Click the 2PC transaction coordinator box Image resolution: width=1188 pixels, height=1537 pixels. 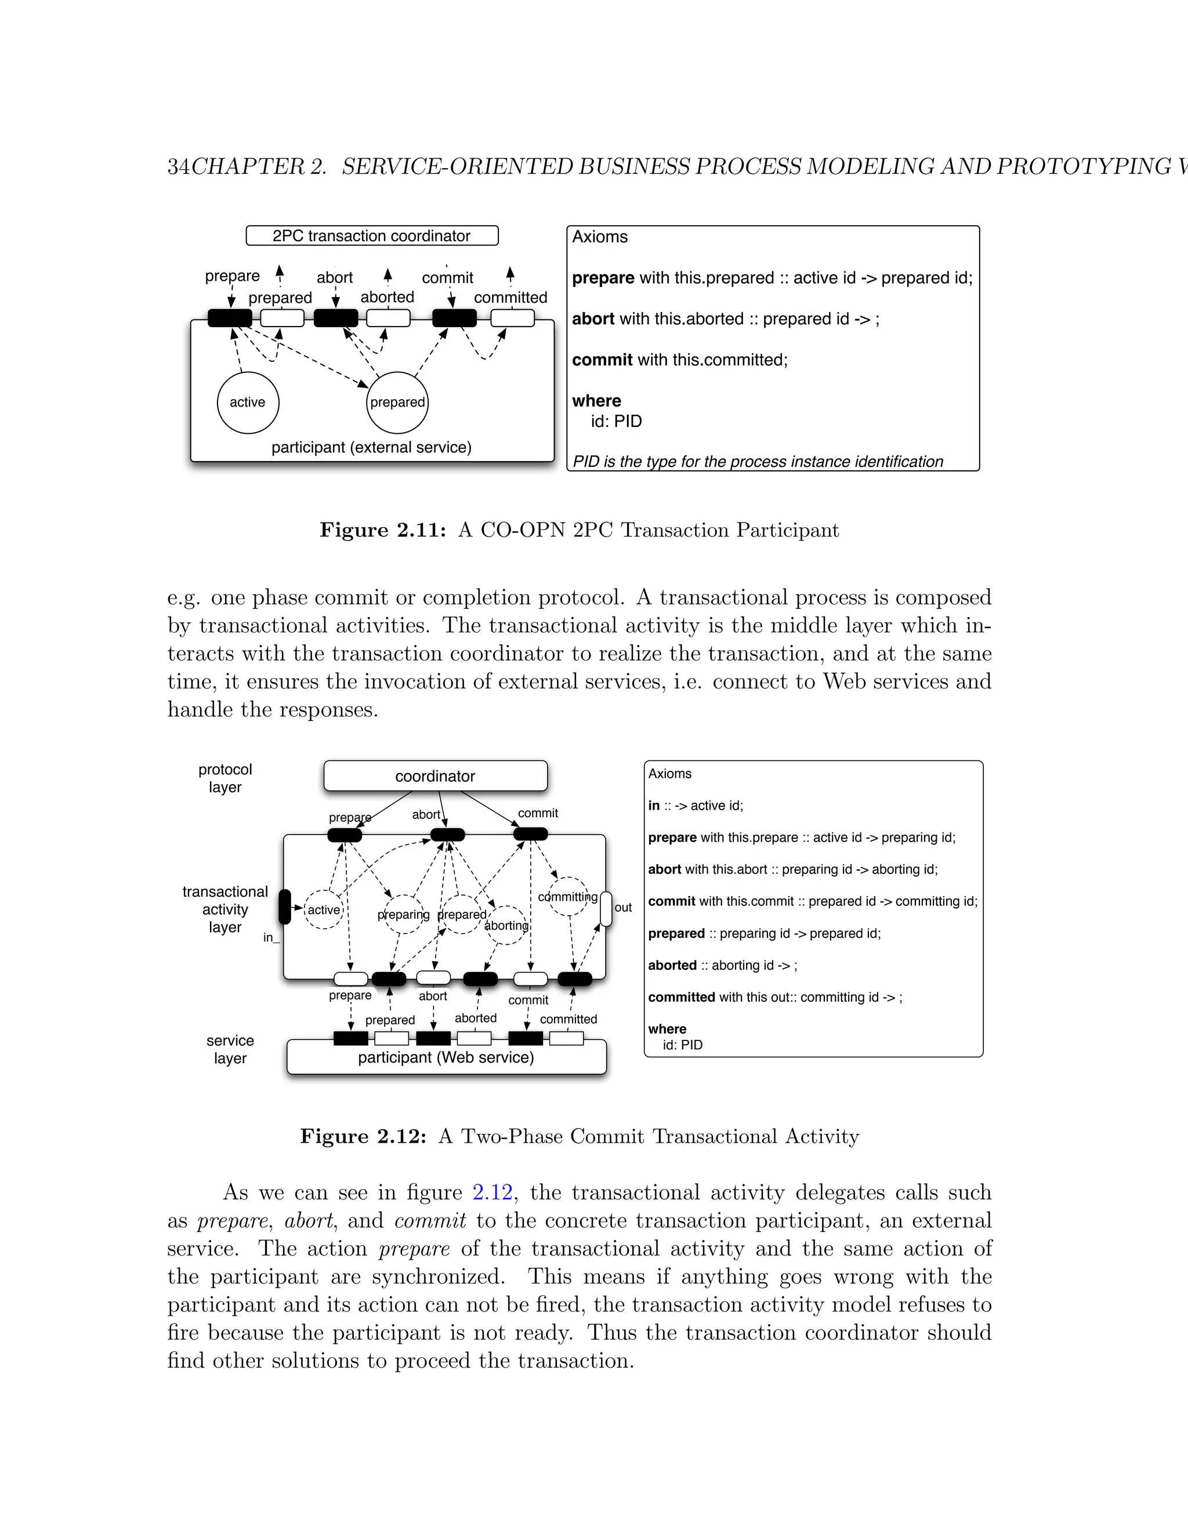(x=372, y=235)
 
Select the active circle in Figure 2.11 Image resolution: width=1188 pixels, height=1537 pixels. (x=248, y=403)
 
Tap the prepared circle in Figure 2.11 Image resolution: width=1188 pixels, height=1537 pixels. (x=397, y=403)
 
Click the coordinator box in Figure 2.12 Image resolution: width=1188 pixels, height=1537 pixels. (x=435, y=776)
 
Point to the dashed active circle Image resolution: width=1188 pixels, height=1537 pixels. (x=324, y=910)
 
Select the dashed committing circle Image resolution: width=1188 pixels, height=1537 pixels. (x=567, y=897)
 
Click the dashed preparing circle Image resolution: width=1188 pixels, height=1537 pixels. (x=403, y=914)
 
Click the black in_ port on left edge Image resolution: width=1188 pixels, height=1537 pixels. (x=284, y=907)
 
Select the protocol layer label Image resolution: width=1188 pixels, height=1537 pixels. (x=224, y=778)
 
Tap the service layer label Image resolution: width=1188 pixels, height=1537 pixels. (x=230, y=1049)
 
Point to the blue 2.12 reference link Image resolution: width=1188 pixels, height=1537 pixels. (x=492, y=1192)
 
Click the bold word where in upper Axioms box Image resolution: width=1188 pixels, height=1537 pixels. (x=596, y=401)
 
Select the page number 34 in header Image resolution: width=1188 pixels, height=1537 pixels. (x=178, y=167)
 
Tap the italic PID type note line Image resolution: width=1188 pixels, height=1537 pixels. (x=757, y=462)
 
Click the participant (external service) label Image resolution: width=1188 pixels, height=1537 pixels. (x=372, y=448)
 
